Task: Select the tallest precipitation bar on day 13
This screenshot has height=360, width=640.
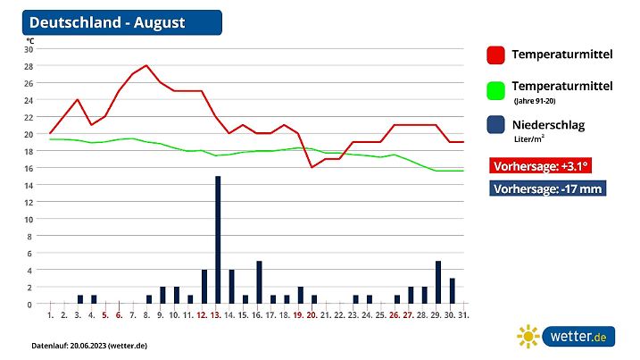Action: [x=218, y=239]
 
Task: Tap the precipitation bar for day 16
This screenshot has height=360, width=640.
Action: [x=259, y=282]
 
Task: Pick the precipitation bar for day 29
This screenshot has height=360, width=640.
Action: [x=438, y=282]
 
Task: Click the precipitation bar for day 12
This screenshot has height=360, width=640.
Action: [x=204, y=287]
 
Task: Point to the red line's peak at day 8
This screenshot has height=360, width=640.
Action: [x=146, y=65]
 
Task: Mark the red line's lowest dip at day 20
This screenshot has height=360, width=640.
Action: [x=312, y=167]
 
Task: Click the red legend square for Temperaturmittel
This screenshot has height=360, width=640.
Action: [x=496, y=55]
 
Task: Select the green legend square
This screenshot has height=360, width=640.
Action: [x=496, y=90]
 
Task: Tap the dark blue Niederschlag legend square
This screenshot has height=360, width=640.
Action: [x=496, y=126]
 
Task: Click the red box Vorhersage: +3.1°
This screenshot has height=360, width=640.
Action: [x=542, y=165]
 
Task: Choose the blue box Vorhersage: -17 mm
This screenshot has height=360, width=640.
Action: [x=548, y=188]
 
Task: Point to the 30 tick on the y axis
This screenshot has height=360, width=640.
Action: [x=29, y=49]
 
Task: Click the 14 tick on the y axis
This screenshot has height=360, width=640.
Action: [x=29, y=185]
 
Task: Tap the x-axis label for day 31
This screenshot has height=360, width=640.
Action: [x=463, y=315]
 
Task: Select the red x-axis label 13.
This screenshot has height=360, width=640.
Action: [x=217, y=315]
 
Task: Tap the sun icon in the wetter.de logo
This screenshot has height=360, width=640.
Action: [x=528, y=337]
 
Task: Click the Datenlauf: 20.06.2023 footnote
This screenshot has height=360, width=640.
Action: [x=88, y=345]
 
